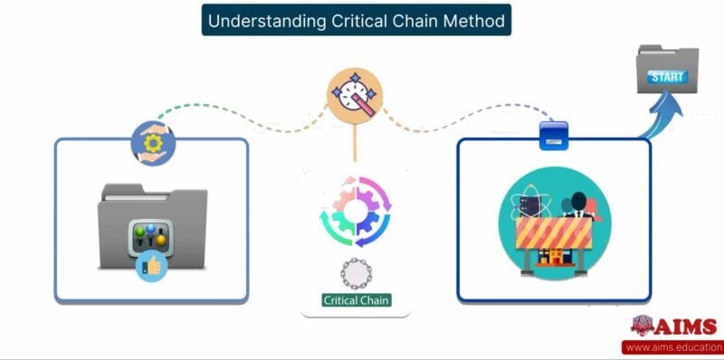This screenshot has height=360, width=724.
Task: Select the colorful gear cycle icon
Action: click(354, 210)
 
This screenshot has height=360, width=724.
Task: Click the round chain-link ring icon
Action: click(354, 271)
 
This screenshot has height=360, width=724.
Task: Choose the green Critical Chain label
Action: click(356, 299)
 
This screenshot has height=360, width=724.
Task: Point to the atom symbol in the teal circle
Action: click(528, 203)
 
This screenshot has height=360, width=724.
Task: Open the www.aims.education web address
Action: click(671, 347)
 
